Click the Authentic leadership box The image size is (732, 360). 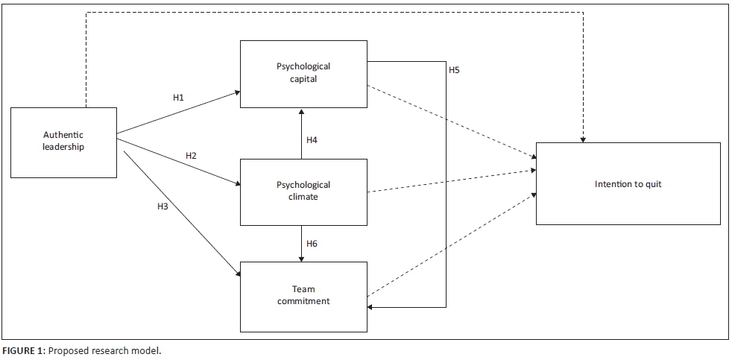point(63,142)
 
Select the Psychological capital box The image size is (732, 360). point(303,72)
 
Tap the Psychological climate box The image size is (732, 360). point(303,192)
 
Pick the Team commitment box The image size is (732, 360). point(303,296)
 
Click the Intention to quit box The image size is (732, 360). point(628,183)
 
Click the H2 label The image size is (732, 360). point(191,156)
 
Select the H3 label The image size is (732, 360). point(163,206)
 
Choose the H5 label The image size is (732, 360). point(454,71)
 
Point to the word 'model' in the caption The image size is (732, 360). point(146,351)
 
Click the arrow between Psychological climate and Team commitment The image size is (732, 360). point(302,244)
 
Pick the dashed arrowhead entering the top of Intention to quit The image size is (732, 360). point(583,138)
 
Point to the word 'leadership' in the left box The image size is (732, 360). point(63,147)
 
